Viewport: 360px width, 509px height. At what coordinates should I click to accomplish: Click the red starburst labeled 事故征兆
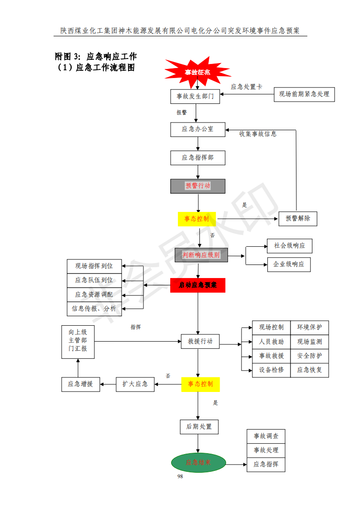[x=197, y=72]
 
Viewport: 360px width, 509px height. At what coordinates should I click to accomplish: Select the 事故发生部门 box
[x=195, y=96]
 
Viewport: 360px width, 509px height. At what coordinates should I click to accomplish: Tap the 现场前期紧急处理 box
[x=304, y=94]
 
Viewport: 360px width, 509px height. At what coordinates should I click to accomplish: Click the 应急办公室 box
[x=197, y=129]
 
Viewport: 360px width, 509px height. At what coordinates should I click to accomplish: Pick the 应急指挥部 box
[x=197, y=157]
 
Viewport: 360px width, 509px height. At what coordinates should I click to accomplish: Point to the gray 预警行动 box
[x=197, y=186]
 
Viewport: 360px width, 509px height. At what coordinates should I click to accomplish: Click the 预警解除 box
[x=298, y=218]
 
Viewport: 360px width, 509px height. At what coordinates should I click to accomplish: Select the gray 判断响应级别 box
[x=201, y=255]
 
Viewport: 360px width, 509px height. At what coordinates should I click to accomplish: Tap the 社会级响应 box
[x=290, y=246]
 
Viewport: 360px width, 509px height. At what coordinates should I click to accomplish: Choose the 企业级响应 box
[x=289, y=264]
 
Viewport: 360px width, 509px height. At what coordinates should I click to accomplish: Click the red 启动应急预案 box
[x=197, y=285]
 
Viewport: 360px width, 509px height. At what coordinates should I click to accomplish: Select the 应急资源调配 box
[x=94, y=294]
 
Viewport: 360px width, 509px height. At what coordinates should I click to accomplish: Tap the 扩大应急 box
[x=135, y=384]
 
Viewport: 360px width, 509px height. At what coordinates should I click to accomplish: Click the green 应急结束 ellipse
[x=198, y=463]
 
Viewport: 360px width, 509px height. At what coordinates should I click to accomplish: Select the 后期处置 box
[x=199, y=427]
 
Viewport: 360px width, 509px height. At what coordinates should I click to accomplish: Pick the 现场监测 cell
[x=310, y=342]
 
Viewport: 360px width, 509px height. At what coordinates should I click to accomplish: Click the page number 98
[x=180, y=476]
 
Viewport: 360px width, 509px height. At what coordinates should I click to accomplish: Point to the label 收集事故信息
[x=258, y=134]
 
